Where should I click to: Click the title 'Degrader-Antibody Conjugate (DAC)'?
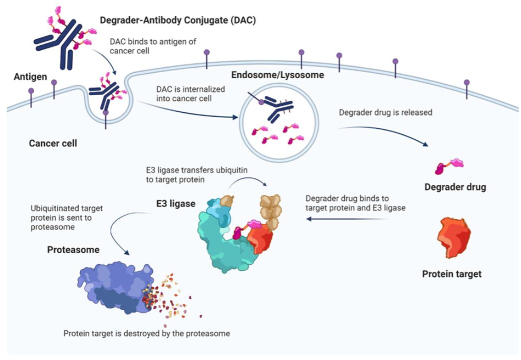click(x=178, y=20)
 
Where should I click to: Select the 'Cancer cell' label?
click(x=53, y=144)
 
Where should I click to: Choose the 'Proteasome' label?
click(x=73, y=250)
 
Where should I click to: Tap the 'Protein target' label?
click(x=452, y=274)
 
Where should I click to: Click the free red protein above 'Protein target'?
click(x=454, y=238)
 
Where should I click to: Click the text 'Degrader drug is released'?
click(x=386, y=112)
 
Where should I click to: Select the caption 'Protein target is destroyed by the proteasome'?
click(x=146, y=334)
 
